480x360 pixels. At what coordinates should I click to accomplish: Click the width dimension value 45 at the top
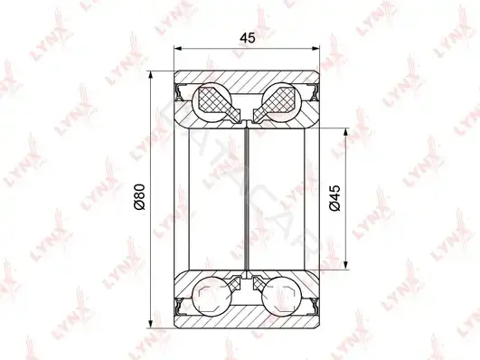click(248, 38)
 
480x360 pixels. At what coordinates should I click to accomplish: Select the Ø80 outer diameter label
click(139, 196)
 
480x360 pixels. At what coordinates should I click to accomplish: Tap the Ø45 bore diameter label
click(334, 198)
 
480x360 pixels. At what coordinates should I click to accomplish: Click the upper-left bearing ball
click(212, 102)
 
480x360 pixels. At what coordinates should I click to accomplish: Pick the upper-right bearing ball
click(282, 102)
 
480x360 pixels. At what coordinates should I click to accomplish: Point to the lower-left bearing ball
click(212, 296)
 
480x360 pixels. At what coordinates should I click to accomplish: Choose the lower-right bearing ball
click(282, 296)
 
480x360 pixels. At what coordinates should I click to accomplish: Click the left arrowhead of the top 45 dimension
click(178, 49)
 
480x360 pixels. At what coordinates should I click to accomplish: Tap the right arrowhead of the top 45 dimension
click(315, 49)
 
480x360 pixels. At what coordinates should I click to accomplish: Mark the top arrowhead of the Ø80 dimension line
click(150, 75)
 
